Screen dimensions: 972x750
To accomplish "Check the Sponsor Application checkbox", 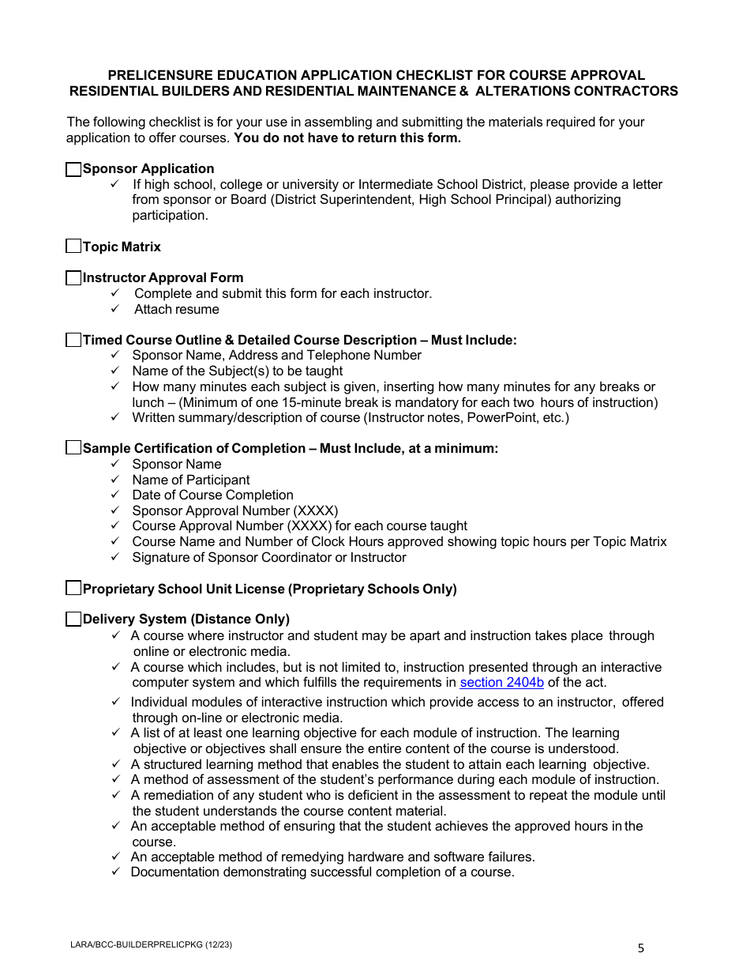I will tap(73, 169).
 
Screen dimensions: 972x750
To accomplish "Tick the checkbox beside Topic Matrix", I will tap(73, 247).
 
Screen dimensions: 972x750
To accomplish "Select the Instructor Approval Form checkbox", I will tap(73, 277).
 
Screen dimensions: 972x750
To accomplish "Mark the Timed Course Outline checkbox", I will tap(73, 340).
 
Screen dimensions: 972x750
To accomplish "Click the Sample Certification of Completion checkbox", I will tap(73, 448).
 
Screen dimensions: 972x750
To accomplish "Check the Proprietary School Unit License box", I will tap(73, 588).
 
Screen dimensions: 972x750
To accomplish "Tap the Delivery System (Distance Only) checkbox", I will tap(73, 619).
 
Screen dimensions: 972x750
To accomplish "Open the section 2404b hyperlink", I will tap(501, 683).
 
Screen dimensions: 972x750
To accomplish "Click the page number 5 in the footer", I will tap(641, 949).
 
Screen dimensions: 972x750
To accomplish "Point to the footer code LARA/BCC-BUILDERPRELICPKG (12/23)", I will tap(151, 944).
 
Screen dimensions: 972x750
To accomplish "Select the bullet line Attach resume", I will tap(176, 309).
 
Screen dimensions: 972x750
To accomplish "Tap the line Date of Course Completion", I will tap(212, 495).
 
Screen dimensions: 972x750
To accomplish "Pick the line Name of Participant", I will tap(190, 480).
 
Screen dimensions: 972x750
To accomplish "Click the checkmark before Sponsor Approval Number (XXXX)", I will tap(115, 510).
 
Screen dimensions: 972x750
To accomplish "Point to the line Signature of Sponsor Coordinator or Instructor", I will tap(268, 557).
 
